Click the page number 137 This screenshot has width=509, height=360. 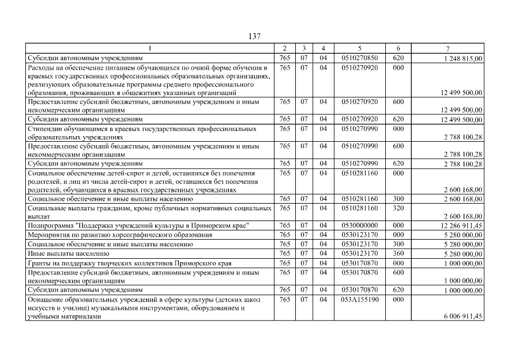pos(254,36)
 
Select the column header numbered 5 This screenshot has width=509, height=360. pos(359,49)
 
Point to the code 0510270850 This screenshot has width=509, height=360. pos(359,57)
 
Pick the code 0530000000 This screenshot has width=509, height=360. pos(359,226)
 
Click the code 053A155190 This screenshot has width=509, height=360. pos(359,300)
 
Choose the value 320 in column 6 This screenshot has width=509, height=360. pos(398,208)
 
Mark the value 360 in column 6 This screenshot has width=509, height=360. pos(398,254)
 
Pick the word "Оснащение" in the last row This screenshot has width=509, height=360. pos(46,300)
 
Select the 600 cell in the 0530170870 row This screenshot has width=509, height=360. pos(398,272)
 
